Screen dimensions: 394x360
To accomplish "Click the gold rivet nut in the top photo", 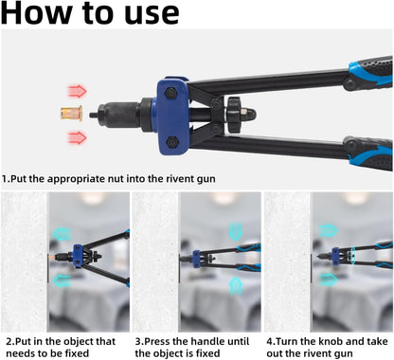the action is pos(72,113).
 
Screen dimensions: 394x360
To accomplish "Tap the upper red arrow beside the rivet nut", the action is pos(77,91).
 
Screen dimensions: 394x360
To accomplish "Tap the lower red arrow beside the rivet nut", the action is pos(77,137).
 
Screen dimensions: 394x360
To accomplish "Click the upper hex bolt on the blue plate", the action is pos(170,93).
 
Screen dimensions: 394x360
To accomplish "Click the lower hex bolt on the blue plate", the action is pos(172,142).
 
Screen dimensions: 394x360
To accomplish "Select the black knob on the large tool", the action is pos(234,115).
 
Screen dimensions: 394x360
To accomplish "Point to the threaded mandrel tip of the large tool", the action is pos(92,115).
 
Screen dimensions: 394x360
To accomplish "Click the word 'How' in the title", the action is pos(37,13).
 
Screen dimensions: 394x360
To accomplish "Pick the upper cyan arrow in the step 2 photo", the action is pos(62,234).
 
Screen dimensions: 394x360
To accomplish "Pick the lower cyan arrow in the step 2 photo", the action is pos(62,280).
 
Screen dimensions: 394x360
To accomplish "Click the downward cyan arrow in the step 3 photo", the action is pos(235,232).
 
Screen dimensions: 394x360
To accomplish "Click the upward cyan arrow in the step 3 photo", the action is pos(235,286).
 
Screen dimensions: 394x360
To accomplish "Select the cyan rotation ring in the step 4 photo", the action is pos(353,255).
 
